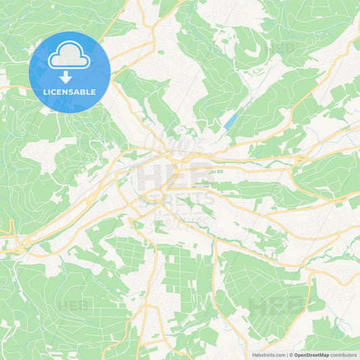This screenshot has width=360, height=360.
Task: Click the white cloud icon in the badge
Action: [x=70, y=57]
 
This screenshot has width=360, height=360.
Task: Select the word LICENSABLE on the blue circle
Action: [x=70, y=91]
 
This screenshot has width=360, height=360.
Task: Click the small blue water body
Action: [x=230, y=121]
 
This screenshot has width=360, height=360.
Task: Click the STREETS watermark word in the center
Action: [x=177, y=199]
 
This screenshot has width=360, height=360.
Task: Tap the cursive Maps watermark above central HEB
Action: [x=178, y=146]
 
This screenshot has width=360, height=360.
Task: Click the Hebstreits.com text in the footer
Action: [x=267, y=354]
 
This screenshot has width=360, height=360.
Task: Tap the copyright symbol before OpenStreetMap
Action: [x=292, y=354]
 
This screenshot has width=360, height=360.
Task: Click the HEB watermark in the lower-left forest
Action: [x=73, y=305]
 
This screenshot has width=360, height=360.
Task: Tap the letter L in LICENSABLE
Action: [x=45, y=91]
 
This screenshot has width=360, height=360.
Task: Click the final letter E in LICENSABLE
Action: [x=94, y=91]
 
